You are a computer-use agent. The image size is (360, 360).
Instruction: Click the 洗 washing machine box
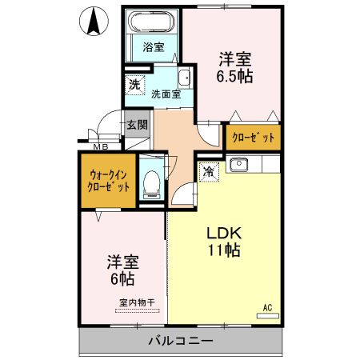coord(132,82)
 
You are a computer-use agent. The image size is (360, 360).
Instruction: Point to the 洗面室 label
coord(166,94)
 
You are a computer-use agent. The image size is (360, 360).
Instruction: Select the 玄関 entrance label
coord(136,125)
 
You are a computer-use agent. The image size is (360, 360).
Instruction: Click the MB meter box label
coord(101,146)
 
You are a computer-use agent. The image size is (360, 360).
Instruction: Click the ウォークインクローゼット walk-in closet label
coord(107,180)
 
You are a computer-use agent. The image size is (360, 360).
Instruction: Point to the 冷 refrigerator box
coord(208,170)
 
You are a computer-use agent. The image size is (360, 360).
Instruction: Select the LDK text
coord(224,233)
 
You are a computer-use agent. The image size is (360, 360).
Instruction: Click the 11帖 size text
coord(224,250)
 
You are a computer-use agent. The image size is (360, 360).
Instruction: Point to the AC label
coord(270,305)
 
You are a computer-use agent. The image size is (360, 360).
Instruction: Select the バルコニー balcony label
coord(180,342)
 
